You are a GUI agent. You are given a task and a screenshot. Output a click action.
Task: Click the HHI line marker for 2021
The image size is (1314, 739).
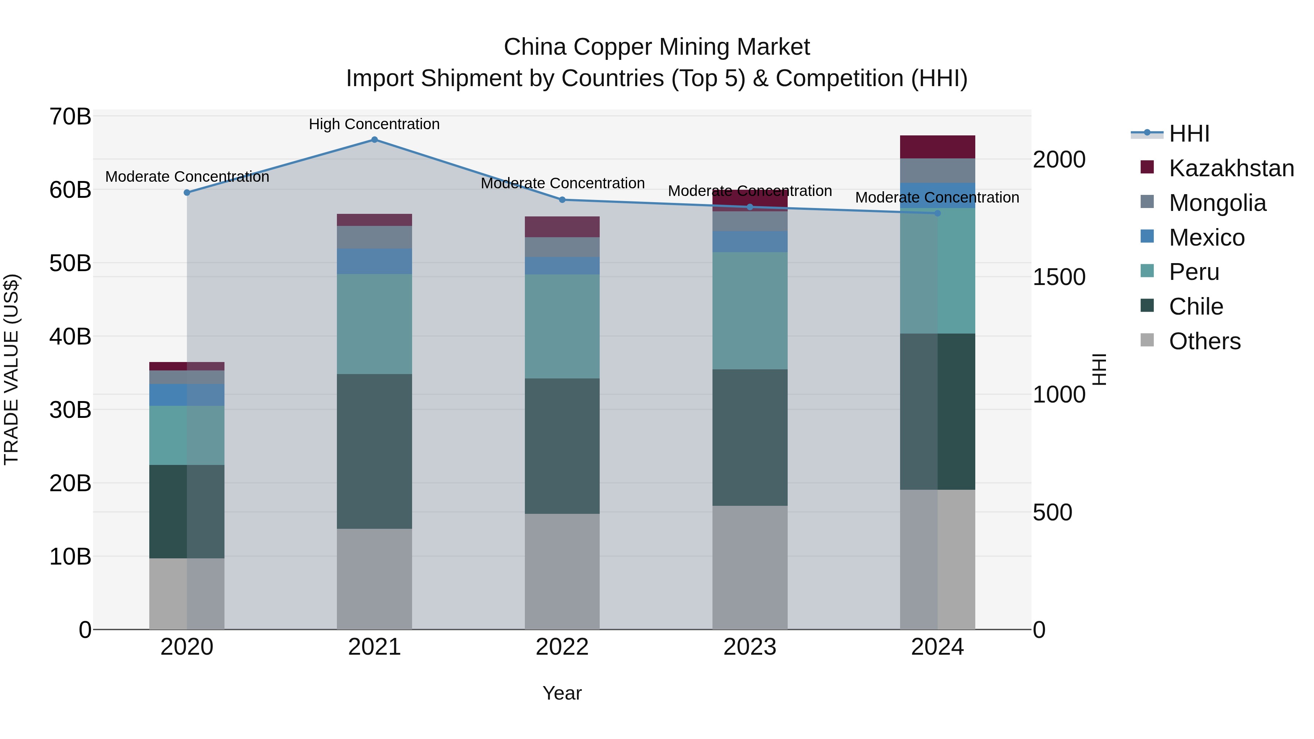click(374, 140)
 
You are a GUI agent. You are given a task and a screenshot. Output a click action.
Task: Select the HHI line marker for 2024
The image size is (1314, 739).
click(938, 213)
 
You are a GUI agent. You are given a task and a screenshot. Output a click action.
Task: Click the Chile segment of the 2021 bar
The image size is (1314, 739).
click(374, 451)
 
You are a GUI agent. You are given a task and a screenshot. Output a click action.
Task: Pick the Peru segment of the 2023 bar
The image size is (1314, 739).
click(750, 311)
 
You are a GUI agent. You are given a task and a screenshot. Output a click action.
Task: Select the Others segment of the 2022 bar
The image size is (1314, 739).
click(562, 571)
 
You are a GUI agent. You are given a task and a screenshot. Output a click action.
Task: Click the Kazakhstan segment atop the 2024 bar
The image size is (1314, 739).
click(938, 147)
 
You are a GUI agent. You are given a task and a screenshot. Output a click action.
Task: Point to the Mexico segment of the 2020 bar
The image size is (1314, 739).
click(187, 395)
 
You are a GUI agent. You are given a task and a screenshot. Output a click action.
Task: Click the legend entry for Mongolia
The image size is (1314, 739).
click(1217, 203)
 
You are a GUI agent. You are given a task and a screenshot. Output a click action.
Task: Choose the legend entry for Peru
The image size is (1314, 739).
click(1194, 272)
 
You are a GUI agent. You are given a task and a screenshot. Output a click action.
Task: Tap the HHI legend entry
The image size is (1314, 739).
click(1188, 134)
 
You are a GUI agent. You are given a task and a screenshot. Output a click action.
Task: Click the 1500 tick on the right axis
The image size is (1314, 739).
click(1059, 277)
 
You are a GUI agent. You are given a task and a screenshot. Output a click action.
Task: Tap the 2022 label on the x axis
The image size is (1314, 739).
click(562, 647)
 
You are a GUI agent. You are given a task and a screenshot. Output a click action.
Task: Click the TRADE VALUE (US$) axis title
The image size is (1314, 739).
click(11, 369)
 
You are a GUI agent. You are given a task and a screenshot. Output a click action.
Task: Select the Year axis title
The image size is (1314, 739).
click(562, 693)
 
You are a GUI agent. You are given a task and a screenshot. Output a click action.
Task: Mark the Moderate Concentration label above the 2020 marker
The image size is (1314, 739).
click(187, 177)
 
